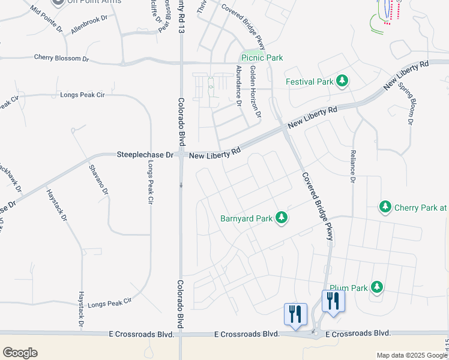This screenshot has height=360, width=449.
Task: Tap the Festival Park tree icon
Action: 342,81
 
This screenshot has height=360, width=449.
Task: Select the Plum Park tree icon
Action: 377,287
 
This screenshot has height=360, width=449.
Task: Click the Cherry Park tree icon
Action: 385,208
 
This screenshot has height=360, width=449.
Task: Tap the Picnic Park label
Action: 262,58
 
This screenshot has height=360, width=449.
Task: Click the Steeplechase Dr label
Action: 145,155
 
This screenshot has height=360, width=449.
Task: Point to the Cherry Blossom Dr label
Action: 61,58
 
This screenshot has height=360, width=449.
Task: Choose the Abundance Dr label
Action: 238,85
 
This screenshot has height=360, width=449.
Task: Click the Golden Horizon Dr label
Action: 255,91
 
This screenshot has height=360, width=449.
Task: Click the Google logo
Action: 20,353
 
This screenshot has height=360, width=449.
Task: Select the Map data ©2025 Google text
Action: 411,355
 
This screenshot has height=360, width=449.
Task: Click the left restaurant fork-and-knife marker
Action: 295,313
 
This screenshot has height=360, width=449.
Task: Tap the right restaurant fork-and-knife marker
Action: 333,301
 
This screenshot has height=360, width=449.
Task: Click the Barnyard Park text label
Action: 246,218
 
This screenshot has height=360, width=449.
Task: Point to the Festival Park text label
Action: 309,82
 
